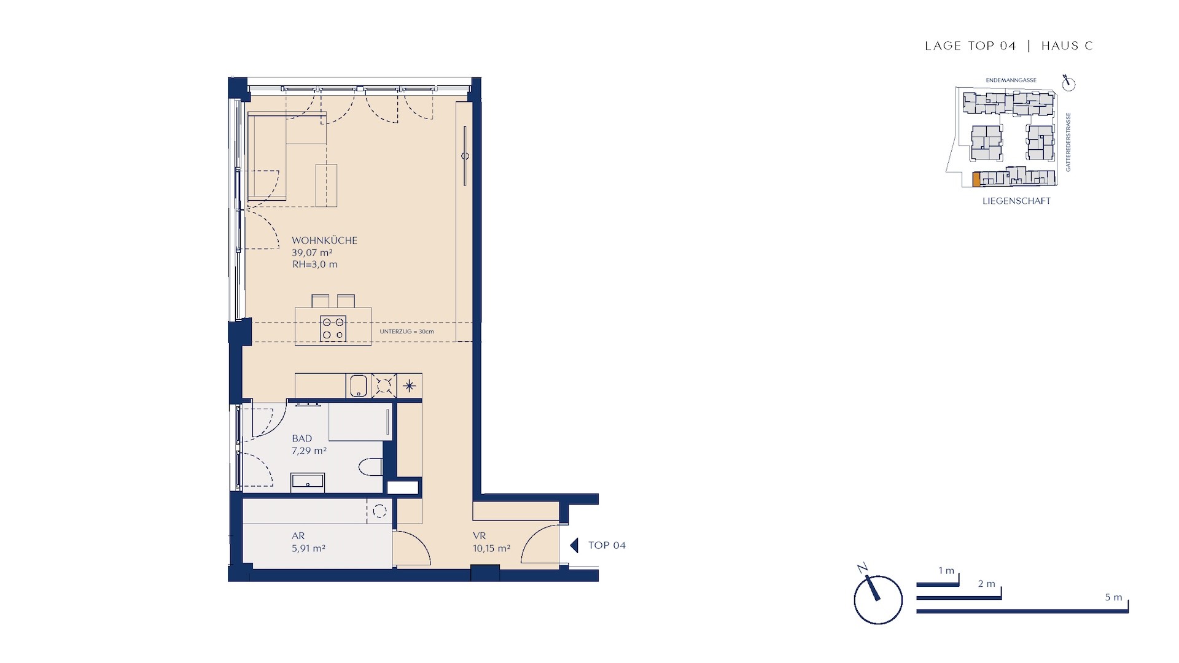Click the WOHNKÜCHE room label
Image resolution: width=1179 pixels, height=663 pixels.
tap(324, 241)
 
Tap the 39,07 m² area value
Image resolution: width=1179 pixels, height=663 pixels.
tap(312, 252)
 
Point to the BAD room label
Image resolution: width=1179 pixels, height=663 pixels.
tap(302, 438)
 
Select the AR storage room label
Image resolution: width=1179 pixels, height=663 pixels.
tap(298, 536)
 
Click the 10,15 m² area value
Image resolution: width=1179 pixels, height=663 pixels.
tap(491, 548)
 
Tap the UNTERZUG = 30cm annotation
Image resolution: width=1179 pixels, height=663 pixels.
tap(407, 331)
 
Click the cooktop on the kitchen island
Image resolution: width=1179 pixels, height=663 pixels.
tap(333, 328)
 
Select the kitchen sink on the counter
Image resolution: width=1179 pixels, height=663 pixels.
tap(359, 386)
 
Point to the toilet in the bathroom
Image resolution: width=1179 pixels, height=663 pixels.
tap(370, 467)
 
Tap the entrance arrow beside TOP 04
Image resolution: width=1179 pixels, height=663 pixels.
tap(574, 545)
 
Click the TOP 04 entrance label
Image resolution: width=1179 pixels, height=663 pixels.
tap(607, 545)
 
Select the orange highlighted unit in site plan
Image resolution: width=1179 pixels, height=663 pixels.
tap(976, 179)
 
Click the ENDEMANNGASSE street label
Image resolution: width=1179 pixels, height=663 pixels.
tap(1011, 80)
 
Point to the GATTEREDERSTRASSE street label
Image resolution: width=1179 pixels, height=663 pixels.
tap(1068, 142)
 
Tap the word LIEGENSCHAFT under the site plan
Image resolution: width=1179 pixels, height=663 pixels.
tap(1016, 201)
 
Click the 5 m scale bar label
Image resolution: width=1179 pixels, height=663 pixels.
tap(1113, 597)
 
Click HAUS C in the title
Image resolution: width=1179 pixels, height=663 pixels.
tap(1067, 45)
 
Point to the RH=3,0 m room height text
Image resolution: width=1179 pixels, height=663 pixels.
tap(314, 265)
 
